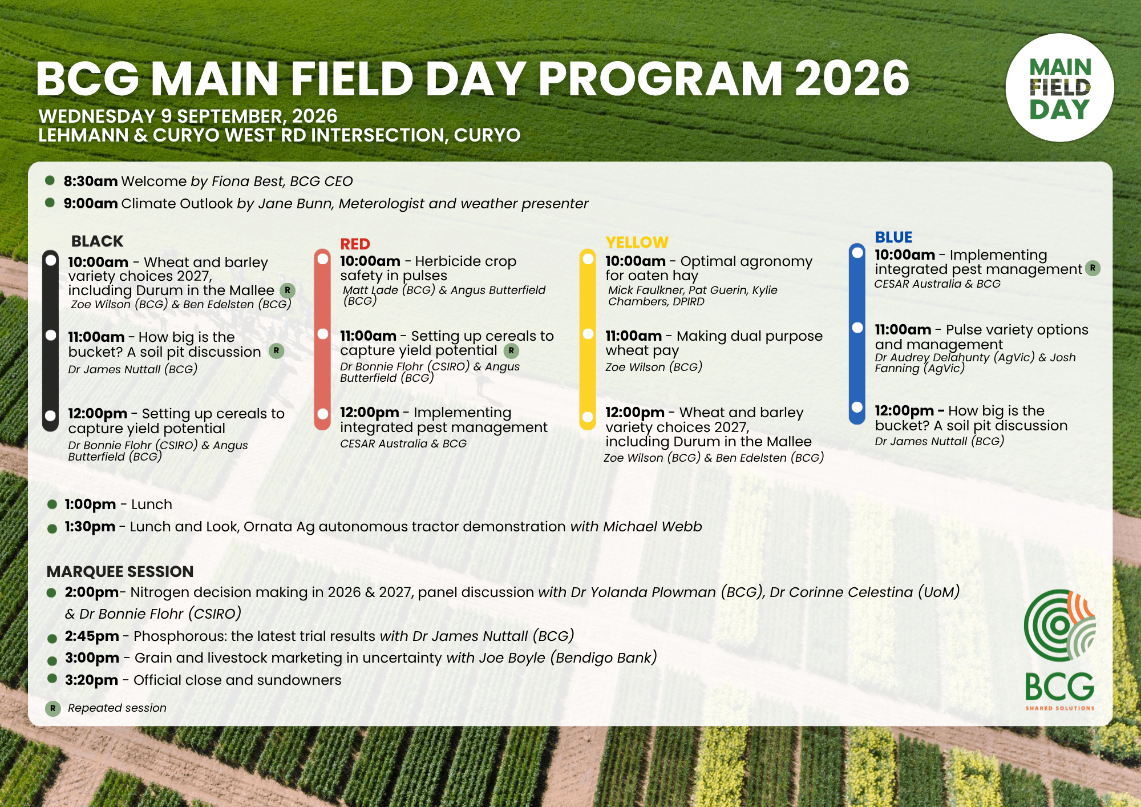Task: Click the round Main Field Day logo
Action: (1059, 87)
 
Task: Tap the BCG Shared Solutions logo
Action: (1059, 650)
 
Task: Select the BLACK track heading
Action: (97, 241)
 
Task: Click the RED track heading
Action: (355, 244)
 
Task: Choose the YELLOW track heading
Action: (637, 242)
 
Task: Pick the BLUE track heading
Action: (893, 237)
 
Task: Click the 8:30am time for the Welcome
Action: (91, 181)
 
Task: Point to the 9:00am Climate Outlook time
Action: (91, 203)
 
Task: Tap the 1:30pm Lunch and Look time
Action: (90, 526)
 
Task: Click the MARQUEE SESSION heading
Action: (120, 571)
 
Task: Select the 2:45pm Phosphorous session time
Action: (92, 636)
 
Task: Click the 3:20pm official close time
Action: (91, 680)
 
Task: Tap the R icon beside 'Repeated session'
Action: (53, 708)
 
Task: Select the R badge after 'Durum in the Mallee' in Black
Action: (288, 290)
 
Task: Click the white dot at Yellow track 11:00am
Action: (588, 334)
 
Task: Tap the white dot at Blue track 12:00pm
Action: (857, 407)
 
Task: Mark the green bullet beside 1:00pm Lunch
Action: (52, 504)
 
